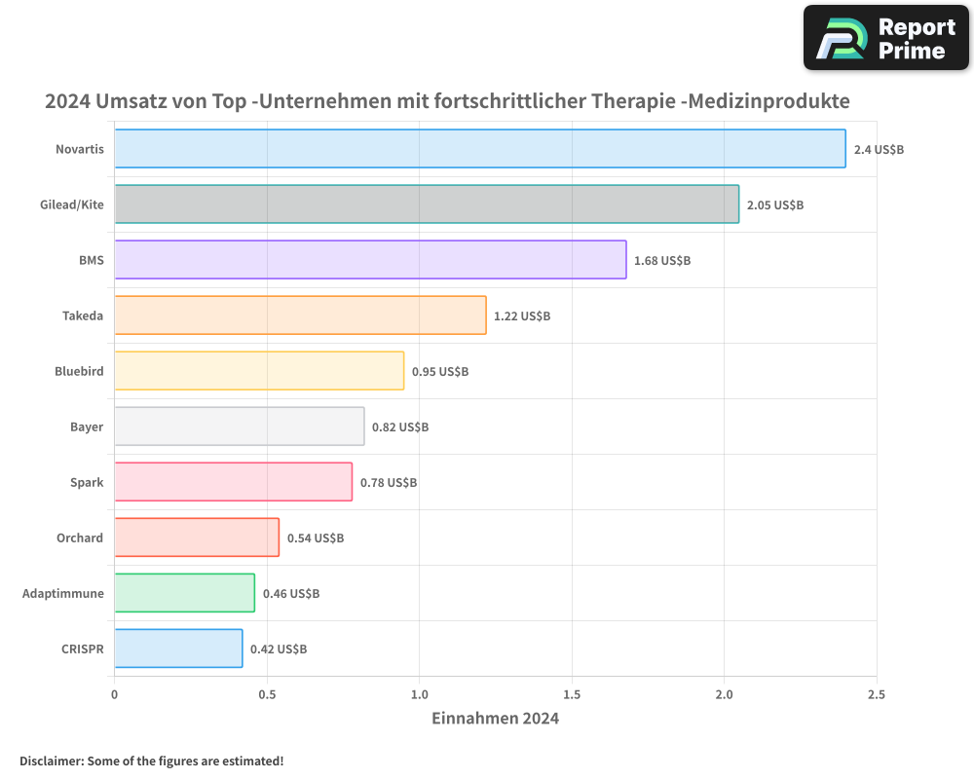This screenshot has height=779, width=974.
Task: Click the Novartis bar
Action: [x=480, y=149]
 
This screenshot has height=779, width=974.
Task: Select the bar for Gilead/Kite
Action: [x=427, y=204]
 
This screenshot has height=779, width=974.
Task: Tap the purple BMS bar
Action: [x=370, y=260]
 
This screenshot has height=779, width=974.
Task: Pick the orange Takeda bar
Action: [x=300, y=315]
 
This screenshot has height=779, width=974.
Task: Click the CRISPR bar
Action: [x=178, y=649]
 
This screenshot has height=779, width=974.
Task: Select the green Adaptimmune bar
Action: [x=184, y=593]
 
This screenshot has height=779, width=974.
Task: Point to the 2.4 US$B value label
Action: [x=880, y=150]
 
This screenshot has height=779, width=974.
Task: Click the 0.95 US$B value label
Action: [x=440, y=372]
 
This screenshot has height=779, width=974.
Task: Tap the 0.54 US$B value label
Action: [x=316, y=538]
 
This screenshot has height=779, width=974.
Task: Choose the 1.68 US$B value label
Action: [x=662, y=261]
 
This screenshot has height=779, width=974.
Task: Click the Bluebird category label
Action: [x=79, y=371]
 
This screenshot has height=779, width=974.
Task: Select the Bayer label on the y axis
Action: [x=87, y=427]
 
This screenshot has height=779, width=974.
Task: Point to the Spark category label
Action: [x=87, y=482]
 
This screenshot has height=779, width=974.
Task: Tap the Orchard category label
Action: [x=80, y=538]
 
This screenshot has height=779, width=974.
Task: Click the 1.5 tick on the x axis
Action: [x=572, y=694]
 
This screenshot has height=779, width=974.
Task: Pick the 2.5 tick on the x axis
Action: [x=877, y=694]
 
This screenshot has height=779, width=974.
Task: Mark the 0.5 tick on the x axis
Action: [x=267, y=694]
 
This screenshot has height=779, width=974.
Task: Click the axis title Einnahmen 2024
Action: [x=495, y=719]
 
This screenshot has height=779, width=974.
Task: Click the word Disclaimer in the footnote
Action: [x=50, y=760]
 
